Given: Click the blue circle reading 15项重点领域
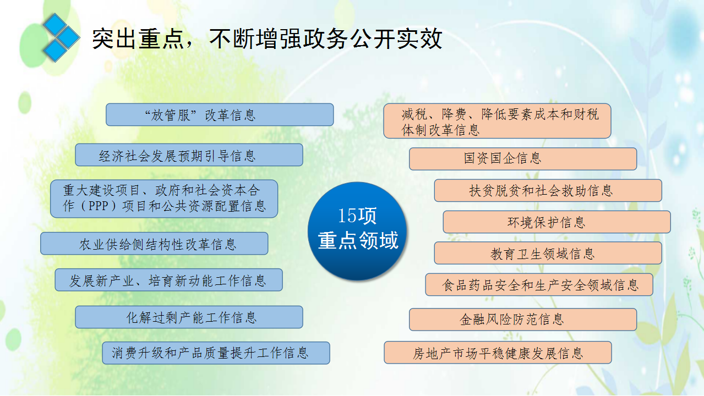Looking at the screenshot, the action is point(357,231).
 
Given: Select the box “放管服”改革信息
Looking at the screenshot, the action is point(220,114).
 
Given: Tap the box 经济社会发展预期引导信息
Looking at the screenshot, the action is point(189,155).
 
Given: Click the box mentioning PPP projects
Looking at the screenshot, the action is point(164,199).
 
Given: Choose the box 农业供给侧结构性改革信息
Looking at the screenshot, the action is point(154,244).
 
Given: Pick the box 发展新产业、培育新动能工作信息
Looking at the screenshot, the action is point(169,280).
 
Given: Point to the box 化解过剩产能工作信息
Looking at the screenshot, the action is point(189,317).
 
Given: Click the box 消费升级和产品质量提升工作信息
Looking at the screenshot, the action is point(216,353).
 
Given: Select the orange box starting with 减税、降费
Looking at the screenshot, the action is point(497,121).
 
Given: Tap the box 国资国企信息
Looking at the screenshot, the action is point(523,159).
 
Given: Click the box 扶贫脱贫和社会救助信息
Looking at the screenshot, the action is point(548,190).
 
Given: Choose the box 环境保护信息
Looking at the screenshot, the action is point(557,222).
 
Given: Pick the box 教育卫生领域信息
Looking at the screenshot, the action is point(548,253).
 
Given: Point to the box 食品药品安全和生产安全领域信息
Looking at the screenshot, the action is point(539,284).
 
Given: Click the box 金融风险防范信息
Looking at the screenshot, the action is point(523,320).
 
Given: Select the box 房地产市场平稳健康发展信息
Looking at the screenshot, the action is point(498,353).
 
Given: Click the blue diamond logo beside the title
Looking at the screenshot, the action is point(61,38).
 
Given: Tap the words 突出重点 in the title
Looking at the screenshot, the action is point(138,39).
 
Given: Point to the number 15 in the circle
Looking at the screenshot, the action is point(347,216).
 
